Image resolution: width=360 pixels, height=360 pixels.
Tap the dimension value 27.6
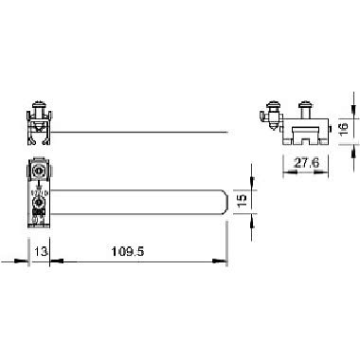(304, 163)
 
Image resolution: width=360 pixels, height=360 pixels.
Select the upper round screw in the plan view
(39, 171)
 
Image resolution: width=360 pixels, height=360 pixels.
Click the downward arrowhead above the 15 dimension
(251, 186)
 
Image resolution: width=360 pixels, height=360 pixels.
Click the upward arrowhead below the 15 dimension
(251, 217)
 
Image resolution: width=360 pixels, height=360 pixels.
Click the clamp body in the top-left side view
(38, 130)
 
